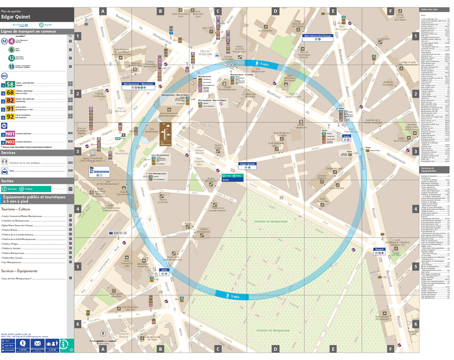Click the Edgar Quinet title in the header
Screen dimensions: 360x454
coord(15,17)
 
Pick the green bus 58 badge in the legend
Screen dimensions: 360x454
coord(10,84)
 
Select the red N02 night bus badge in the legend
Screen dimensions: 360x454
coord(10,142)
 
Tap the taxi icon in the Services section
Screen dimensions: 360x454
coord(5,170)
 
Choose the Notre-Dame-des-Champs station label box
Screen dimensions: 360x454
coord(318,36)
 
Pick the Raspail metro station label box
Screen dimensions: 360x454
coord(381,249)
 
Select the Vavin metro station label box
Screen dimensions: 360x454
coord(346,136)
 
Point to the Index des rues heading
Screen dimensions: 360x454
coord(429,10)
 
